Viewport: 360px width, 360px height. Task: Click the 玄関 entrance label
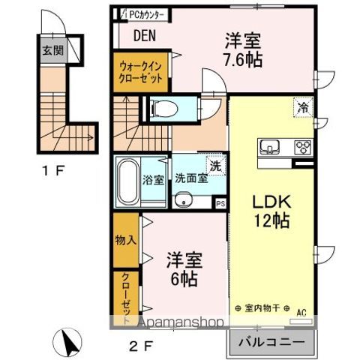click(x=51, y=52)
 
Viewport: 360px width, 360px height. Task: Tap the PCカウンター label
click(x=142, y=13)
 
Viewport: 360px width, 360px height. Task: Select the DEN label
click(x=145, y=35)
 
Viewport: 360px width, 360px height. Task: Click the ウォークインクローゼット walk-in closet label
click(x=142, y=73)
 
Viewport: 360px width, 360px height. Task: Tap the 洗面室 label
click(x=190, y=179)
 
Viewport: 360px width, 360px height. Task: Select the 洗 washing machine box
click(x=214, y=166)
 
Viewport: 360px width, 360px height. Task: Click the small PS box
click(x=220, y=202)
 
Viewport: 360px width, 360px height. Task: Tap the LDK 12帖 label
click(x=269, y=212)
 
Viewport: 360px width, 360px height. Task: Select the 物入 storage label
click(x=126, y=241)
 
